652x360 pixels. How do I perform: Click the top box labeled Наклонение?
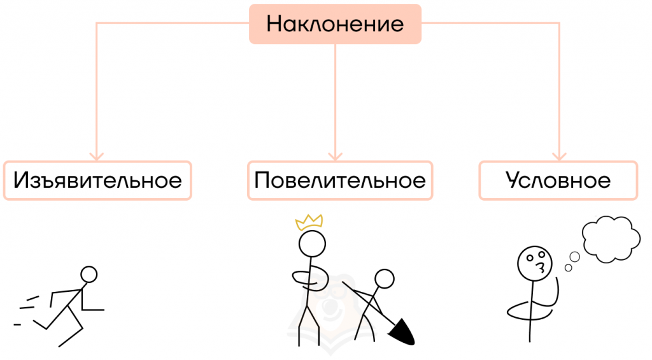tap(335, 24)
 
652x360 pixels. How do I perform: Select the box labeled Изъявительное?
tap(97, 180)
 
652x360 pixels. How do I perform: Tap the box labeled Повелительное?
tap(340, 180)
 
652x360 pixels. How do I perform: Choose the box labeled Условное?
tap(558, 180)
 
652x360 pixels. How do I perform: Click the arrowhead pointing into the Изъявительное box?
tap(97, 157)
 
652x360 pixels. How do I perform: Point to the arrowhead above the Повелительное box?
tap(335, 157)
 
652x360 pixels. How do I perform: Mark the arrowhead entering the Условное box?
tap(559, 157)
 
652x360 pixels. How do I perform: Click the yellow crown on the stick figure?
tap(309, 222)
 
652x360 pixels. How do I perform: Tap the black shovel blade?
tap(402, 332)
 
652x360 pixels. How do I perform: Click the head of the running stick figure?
tap(89, 275)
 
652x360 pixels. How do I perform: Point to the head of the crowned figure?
tap(312, 243)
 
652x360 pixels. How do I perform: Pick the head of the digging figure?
tap(384, 278)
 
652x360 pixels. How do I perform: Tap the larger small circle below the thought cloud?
tap(575, 257)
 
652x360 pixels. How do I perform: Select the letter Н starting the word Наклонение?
tap(274, 24)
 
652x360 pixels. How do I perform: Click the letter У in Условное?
tap(514, 180)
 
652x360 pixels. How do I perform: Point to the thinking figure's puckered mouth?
tap(541, 267)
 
